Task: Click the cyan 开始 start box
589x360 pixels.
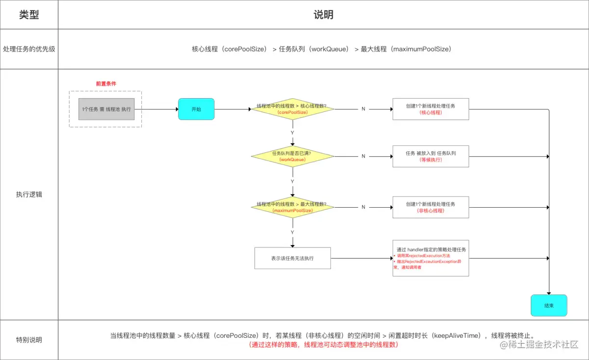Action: point(196,109)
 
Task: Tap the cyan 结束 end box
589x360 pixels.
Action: point(549,305)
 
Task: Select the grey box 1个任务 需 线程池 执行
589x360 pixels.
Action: point(106,109)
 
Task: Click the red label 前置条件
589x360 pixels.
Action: point(106,83)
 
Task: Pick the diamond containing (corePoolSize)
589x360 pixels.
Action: point(292,109)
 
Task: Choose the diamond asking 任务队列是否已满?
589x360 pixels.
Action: point(292,157)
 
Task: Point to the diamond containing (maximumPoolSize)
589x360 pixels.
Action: point(292,207)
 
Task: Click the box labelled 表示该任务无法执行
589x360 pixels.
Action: point(292,258)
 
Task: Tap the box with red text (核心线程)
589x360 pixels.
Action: point(430,109)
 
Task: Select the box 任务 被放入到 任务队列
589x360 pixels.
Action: point(430,157)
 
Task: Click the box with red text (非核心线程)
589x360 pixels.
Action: point(430,207)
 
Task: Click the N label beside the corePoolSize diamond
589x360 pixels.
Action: point(363,109)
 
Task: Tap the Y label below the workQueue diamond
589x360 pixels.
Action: point(293,182)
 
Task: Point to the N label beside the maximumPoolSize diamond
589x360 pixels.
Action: point(363,207)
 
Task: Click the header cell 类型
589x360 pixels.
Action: point(29,15)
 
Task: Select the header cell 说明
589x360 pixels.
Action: point(323,15)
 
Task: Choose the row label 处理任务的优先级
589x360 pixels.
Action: point(29,49)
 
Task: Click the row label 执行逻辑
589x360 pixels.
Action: point(29,194)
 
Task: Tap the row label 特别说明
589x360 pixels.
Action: point(29,340)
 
